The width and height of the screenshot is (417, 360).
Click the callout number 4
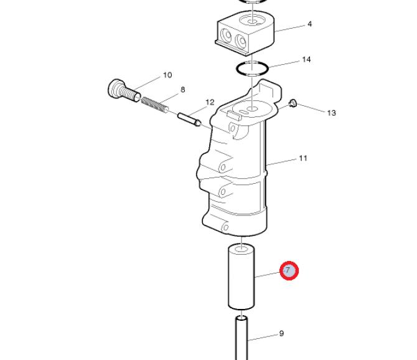[309, 24]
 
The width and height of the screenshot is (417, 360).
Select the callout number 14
[306, 59]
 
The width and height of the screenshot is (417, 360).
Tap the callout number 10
[167, 75]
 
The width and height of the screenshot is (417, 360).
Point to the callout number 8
[182, 90]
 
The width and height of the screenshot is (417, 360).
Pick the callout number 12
[210, 102]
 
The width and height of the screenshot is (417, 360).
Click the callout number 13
[331, 113]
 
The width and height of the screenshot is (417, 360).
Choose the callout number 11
[303, 158]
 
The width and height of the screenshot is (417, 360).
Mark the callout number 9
[282, 333]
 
